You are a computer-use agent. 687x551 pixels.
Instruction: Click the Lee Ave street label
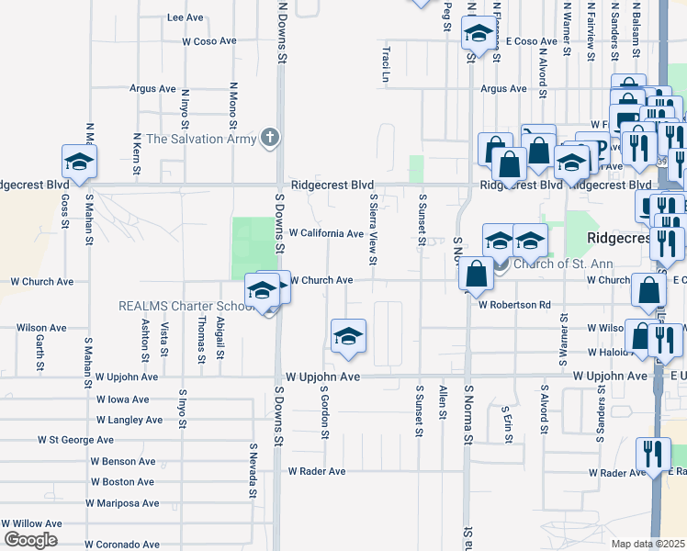[x=186, y=17]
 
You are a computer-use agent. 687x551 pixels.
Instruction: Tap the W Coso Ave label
[x=209, y=41]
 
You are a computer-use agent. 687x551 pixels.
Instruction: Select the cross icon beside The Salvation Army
[x=269, y=138]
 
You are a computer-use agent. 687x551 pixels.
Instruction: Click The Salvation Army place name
[x=198, y=139]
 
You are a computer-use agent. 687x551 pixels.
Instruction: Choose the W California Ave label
[x=326, y=233]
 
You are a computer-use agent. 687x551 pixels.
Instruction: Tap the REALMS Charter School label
[x=183, y=306]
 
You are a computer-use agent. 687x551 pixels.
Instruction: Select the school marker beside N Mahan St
[x=79, y=162]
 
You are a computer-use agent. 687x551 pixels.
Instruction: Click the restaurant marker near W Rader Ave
[x=653, y=455]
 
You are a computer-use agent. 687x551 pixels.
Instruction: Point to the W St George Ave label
[x=75, y=440]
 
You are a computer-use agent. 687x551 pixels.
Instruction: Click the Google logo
[x=31, y=540]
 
